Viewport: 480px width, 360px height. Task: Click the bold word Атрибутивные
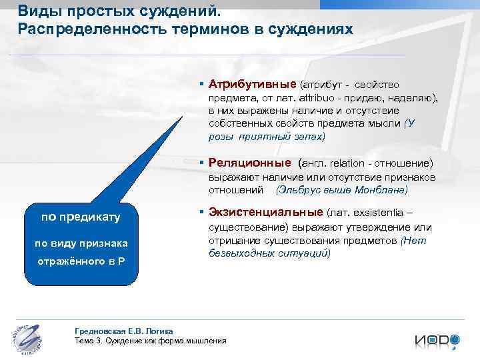tap(252, 85)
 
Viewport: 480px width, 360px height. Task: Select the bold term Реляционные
tap(249, 163)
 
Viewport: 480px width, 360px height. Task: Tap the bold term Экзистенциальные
tap(265, 213)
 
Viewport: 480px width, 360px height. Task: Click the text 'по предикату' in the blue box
tap(80, 217)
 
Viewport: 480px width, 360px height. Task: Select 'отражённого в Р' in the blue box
tap(80, 260)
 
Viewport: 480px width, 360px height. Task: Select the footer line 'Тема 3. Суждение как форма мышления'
tap(151, 340)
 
